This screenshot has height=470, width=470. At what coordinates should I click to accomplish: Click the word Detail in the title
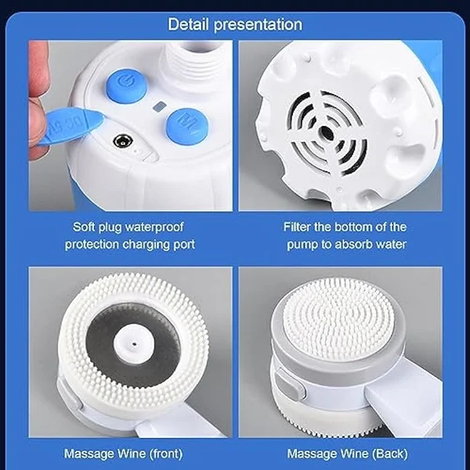coord(190,23)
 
